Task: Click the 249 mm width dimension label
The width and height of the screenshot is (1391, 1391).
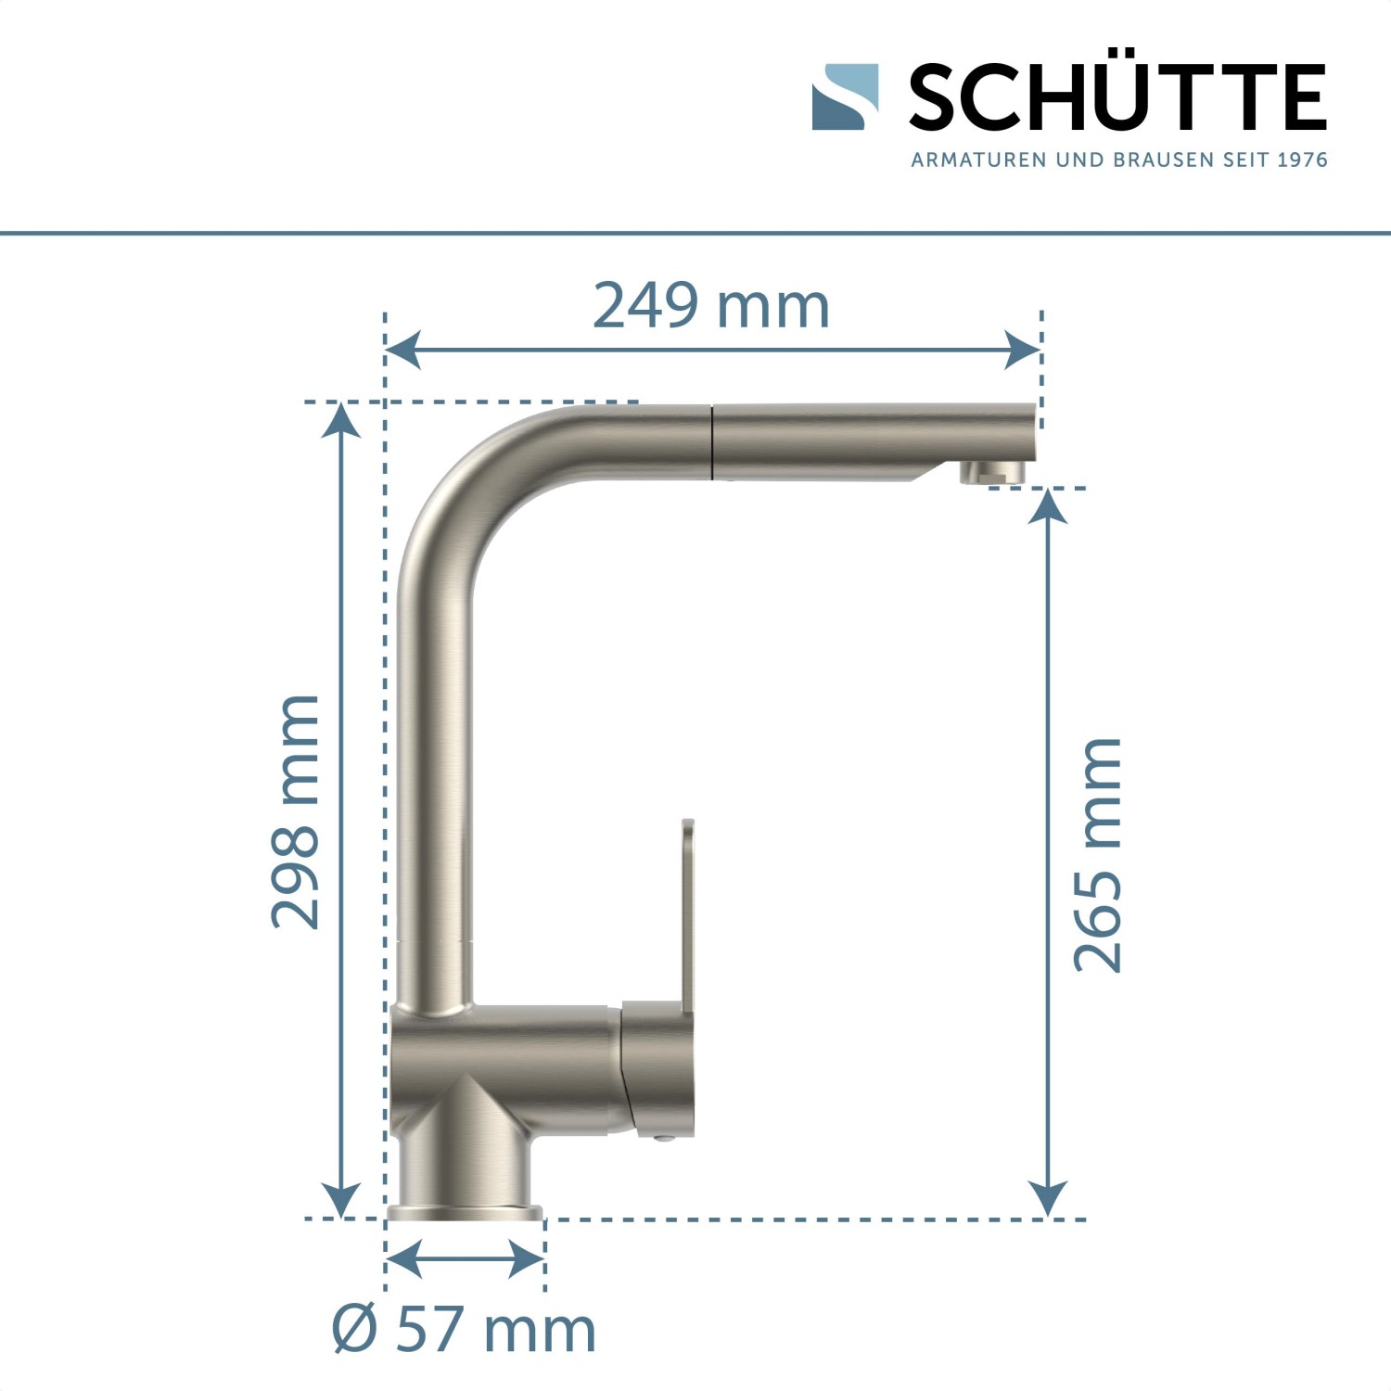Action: point(710,306)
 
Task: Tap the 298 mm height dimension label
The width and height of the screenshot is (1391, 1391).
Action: point(296,811)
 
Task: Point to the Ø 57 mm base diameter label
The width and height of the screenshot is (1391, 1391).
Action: point(464,1329)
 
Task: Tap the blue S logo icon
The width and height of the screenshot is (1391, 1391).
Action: point(845,96)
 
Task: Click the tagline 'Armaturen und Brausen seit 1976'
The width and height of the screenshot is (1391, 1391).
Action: point(1118,160)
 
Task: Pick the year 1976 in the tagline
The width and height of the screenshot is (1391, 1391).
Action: point(1302,160)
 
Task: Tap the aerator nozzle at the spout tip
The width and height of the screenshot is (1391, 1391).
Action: point(993,473)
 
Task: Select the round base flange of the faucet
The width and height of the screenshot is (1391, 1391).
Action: point(465,1212)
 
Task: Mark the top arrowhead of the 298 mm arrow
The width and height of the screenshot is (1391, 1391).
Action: point(341,420)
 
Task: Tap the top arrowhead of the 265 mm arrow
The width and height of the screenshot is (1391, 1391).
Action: point(1048,506)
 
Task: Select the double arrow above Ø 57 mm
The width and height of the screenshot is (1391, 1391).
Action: point(465,1259)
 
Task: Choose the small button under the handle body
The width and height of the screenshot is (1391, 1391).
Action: point(660,1138)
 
